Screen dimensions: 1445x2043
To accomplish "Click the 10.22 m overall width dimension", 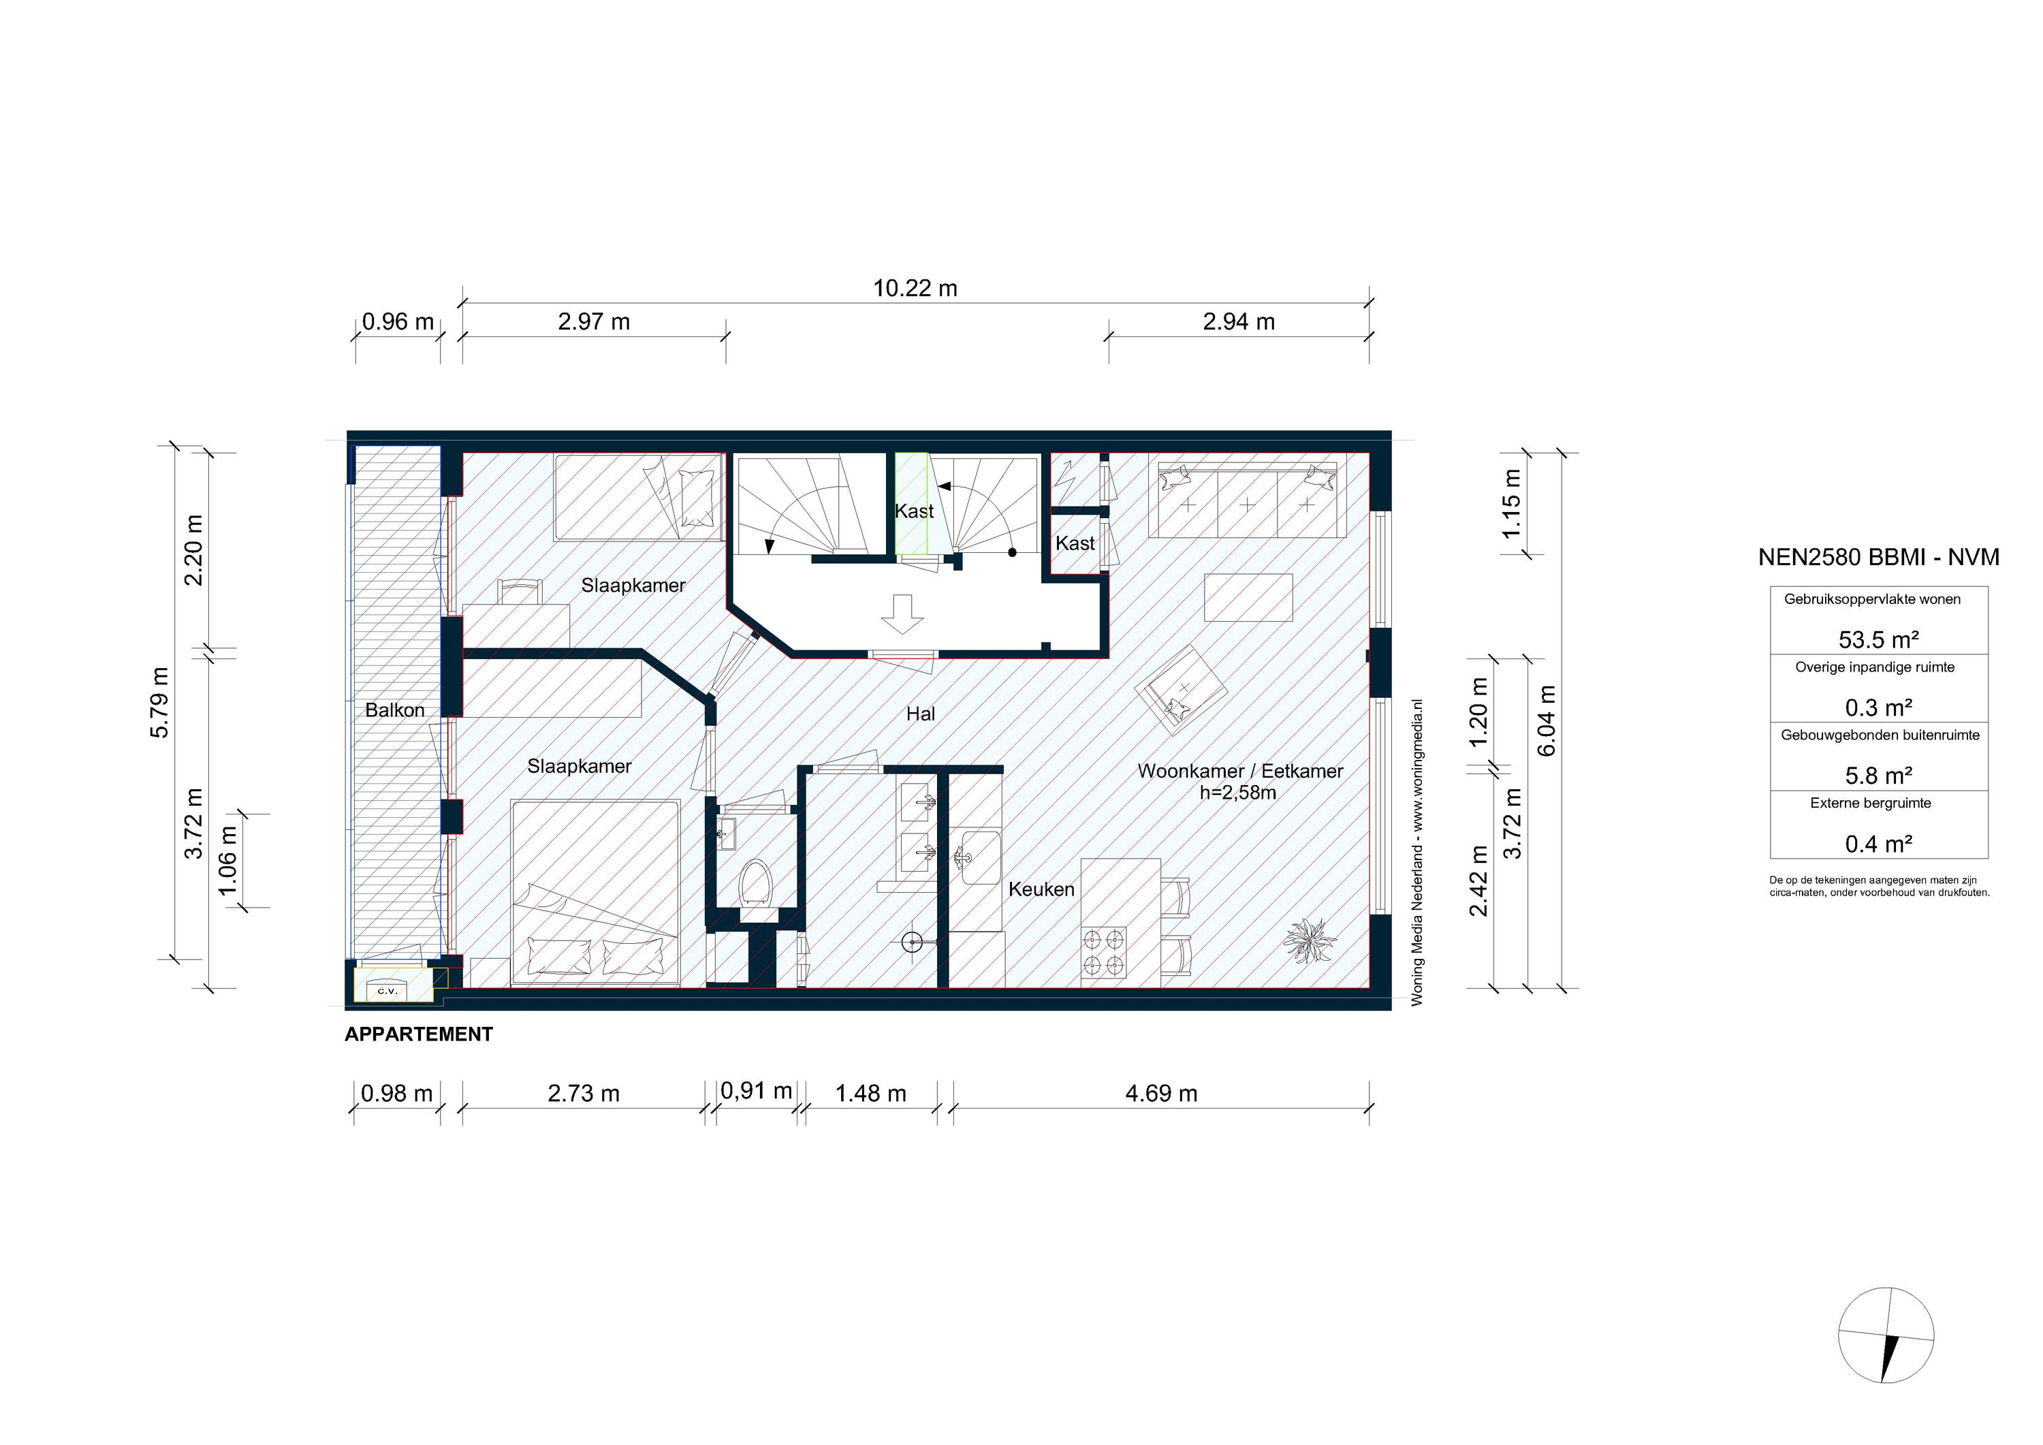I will click(915, 288).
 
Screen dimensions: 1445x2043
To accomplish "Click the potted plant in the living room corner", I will click(1309, 940).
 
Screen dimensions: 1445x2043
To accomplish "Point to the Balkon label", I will click(394, 710).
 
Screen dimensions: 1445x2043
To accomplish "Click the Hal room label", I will click(920, 714).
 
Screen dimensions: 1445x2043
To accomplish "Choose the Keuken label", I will click(1041, 889).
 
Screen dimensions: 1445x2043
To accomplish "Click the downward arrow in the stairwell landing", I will click(902, 613).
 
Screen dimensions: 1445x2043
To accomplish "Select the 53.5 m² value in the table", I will click(1878, 639).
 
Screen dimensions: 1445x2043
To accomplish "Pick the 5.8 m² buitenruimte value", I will click(1878, 775).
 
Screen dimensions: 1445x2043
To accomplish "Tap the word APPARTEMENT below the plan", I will click(418, 1034).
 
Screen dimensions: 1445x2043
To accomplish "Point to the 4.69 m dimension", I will click(1160, 1093).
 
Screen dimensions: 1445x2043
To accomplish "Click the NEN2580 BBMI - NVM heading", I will click(1878, 557).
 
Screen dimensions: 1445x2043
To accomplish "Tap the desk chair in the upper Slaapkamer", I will click(520, 591).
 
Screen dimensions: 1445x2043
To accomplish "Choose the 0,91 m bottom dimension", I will click(755, 1091).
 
